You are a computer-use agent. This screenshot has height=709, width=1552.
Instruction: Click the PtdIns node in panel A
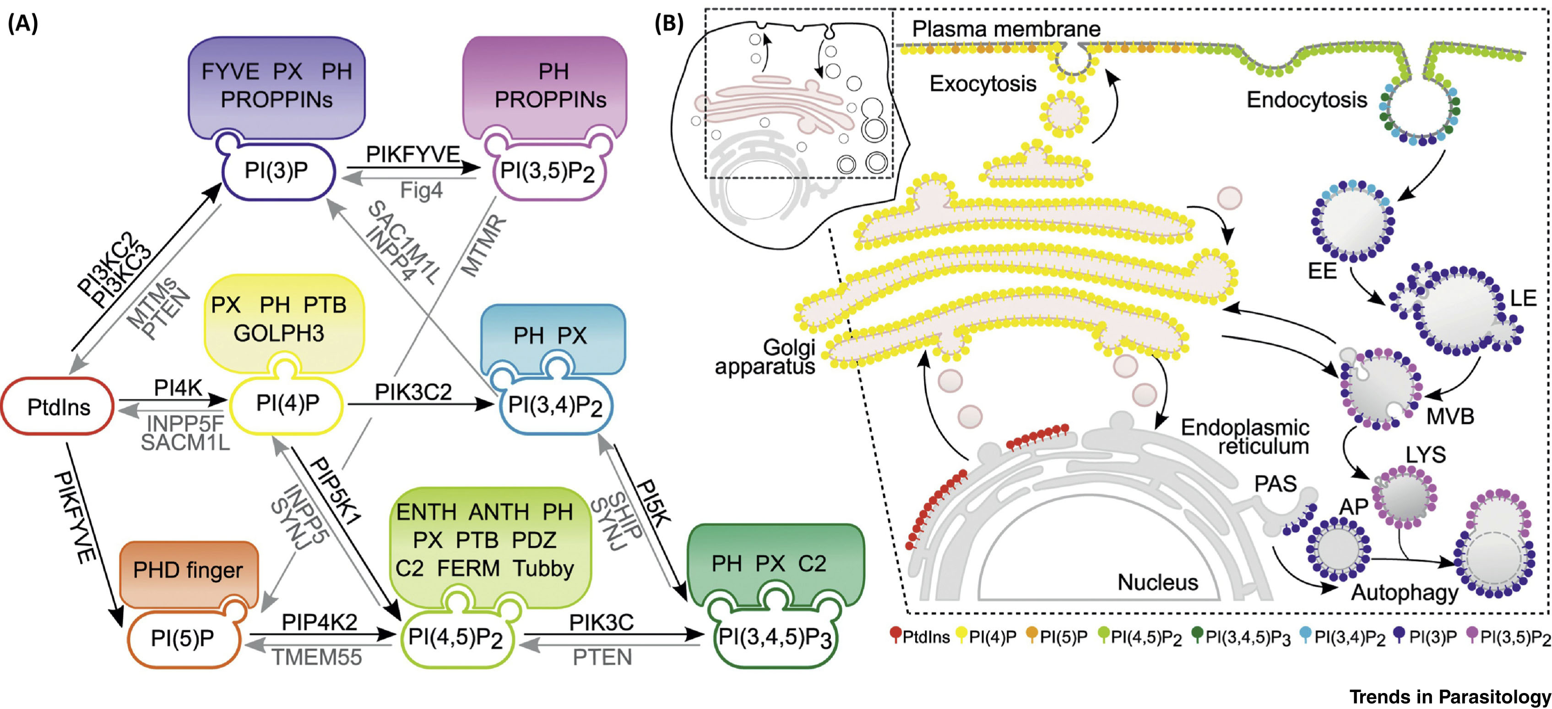tap(59, 407)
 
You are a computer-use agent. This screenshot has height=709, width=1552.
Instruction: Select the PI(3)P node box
tap(276, 170)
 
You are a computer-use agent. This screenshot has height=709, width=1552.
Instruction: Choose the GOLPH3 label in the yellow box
tap(278, 333)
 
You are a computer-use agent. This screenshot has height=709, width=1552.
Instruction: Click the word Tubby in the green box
tap(543, 568)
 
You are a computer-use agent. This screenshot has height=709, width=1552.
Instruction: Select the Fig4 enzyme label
tap(421, 191)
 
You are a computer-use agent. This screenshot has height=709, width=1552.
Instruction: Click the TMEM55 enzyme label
tap(317, 657)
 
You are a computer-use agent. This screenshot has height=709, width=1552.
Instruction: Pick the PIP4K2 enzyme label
tap(319, 622)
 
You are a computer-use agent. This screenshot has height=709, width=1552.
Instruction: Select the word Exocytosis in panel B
tap(982, 83)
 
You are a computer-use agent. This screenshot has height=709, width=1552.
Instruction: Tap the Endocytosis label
tap(1306, 99)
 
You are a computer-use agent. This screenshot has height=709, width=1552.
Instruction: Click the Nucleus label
tap(1157, 583)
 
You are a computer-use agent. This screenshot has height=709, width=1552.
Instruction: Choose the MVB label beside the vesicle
tap(1449, 416)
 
